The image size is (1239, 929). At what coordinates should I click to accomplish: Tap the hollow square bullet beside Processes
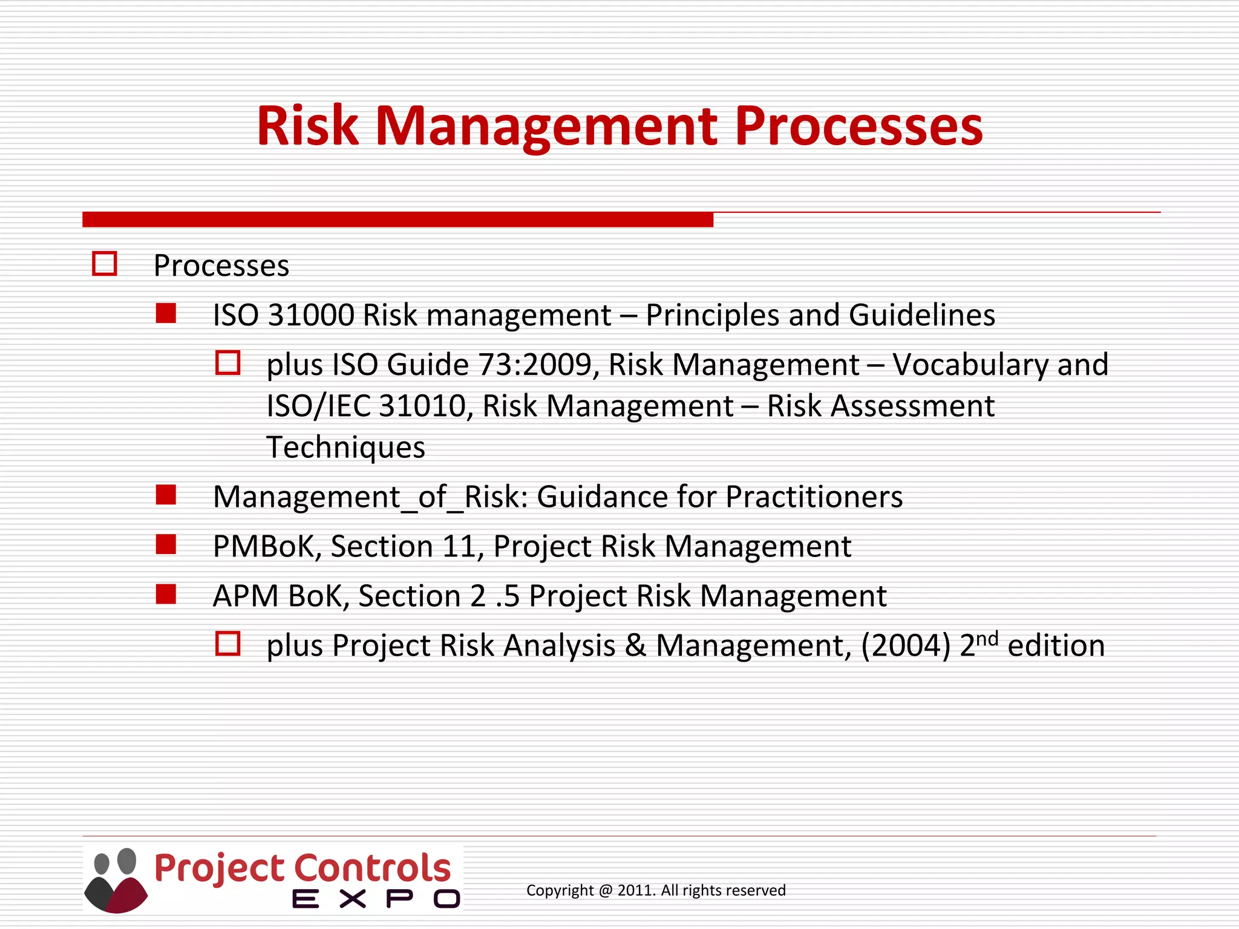click(105, 264)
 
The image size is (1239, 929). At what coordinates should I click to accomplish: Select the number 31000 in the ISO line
click(311, 315)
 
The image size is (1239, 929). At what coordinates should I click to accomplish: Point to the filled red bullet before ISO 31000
click(166, 314)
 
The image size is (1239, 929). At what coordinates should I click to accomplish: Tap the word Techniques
click(345, 448)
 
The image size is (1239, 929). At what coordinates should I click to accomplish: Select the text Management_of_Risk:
click(370, 497)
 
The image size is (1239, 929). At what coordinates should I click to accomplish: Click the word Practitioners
click(814, 497)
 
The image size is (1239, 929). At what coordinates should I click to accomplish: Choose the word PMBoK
click(264, 547)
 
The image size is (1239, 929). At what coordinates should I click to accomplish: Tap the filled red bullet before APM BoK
click(166, 595)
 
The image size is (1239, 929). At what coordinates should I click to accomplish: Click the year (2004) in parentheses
click(906, 646)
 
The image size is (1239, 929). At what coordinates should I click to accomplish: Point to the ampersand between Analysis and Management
click(635, 646)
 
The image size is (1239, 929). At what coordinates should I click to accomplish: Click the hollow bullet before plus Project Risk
click(228, 644)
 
